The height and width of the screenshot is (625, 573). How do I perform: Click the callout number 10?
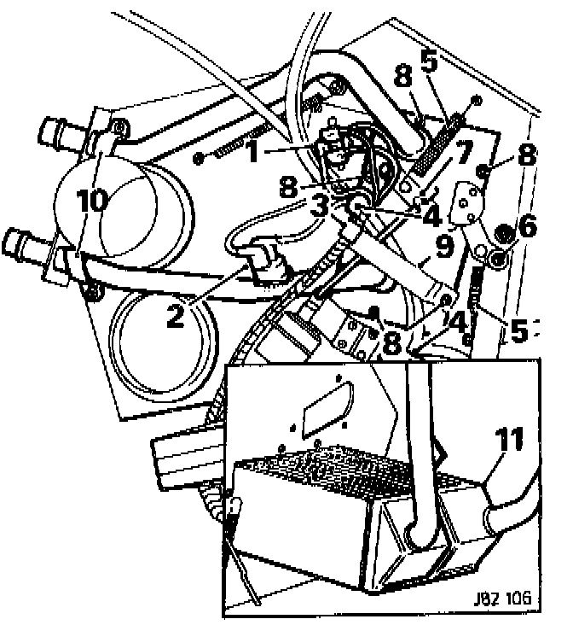(92, 202)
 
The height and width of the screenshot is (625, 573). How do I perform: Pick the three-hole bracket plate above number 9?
(465, 203)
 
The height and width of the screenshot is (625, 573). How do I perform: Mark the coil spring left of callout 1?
(231, 144)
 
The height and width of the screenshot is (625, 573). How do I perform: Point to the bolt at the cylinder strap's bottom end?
(92, 294)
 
